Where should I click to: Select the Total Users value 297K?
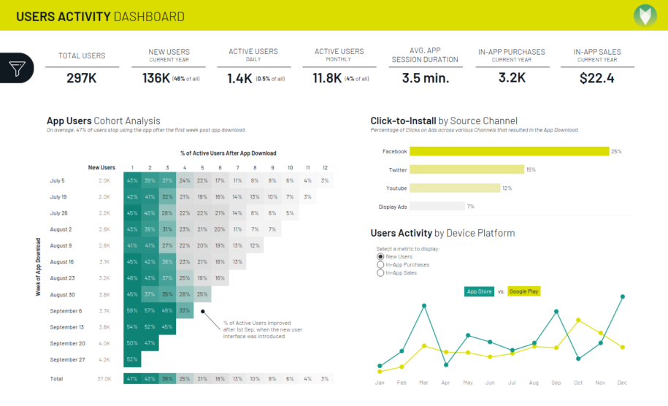click(x=82, y=78)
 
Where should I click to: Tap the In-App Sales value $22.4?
click(x=596, y=78)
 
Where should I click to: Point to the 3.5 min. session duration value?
click(x=425, y=78)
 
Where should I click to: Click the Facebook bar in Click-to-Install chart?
click(x=509, y=151)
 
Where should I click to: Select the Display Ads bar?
click(x=437, y=207)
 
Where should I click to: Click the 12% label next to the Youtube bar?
click(x=507, y=188)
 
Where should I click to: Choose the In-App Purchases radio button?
click(x=380, y=265)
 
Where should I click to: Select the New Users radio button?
click(x=380, y=257)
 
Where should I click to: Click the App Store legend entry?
click(x=478, y=291)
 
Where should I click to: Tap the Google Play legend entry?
click(x=523, y=291)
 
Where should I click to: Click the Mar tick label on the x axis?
click(x=424, y=383)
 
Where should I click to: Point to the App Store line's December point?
click(x=622, y=296)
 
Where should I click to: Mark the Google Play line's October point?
click(x=578, y=320)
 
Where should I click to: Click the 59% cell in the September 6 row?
click(x=132, y=311)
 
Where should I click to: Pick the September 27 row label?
click(x=67, y=359)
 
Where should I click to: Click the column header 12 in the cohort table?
click(x=325, y=167)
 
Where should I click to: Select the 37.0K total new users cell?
click(x=104, y=379)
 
